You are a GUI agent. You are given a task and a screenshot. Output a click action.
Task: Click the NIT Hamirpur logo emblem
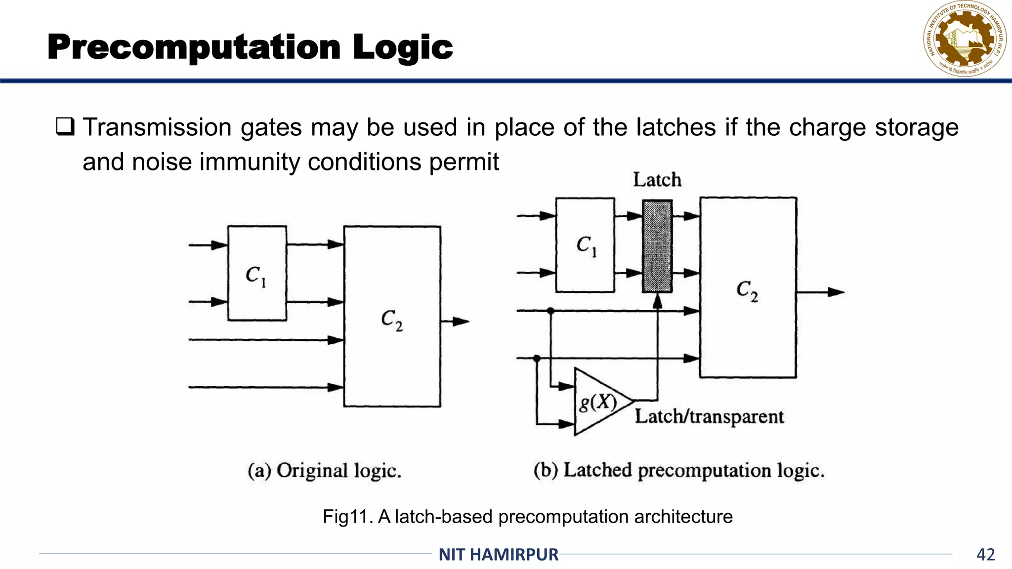(x=965, y=40)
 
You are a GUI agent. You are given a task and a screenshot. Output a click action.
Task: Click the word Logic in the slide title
(x=402, y=47)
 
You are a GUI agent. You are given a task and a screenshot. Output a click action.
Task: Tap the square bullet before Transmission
(x=65, y=127)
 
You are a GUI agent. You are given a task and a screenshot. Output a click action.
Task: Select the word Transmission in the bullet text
(x=157, y=127)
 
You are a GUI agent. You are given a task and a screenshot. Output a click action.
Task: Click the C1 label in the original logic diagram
(x=256, y=276)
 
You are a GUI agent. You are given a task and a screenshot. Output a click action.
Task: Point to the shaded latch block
(x=657, y=246)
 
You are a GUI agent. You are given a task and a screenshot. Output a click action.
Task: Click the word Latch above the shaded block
(x=657, y=180)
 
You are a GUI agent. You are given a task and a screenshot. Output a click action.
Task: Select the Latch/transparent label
(x=709, y=416)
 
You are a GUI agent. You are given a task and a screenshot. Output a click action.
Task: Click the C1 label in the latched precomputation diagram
(x=587, y=245)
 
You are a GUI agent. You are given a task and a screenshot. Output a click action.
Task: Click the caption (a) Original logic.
(x=324, y=470)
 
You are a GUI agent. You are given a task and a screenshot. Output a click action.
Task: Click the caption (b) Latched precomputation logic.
(x=679, y=470)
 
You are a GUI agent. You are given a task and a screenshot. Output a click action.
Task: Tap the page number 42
(x=985, y=555)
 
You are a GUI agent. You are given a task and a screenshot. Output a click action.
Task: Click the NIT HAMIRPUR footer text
(x=499, y=555)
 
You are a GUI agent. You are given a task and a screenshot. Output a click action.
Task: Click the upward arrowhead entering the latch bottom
(x=657, y=301)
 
